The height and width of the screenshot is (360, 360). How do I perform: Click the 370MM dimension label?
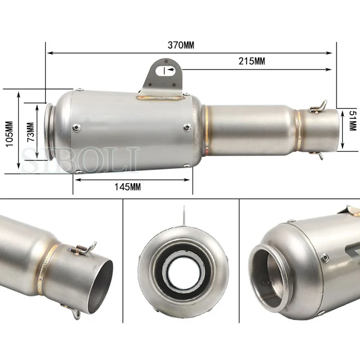(181, 45)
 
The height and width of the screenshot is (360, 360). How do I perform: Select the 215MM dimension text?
(252, 61)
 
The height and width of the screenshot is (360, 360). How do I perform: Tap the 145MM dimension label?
(128, 187)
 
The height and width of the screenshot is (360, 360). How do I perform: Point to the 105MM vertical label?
(9, 134)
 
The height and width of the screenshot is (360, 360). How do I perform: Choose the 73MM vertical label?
(31, 132)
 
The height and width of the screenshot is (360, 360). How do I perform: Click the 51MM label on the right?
(352, 121)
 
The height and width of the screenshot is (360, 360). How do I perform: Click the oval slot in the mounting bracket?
(165, 71)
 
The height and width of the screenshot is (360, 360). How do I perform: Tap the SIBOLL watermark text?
(81, 160)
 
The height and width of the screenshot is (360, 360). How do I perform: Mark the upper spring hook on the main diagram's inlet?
(319, 107)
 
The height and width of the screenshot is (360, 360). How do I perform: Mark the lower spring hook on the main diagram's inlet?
(318, 155)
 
